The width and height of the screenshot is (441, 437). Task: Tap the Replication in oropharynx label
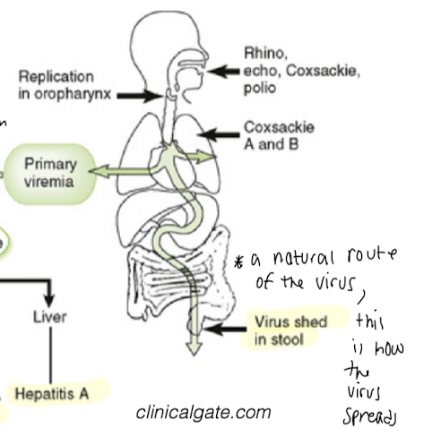(65, 85)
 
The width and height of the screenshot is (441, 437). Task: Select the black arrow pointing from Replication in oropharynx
(139, 94)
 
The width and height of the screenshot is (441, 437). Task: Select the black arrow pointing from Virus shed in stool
(223, 330)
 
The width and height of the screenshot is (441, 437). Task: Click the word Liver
(49, 317)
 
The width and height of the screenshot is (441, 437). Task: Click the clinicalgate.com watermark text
(203, 413)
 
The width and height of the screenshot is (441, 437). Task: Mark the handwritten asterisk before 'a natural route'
(239, 261)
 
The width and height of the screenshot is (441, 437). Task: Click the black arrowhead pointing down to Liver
(48, 296)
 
